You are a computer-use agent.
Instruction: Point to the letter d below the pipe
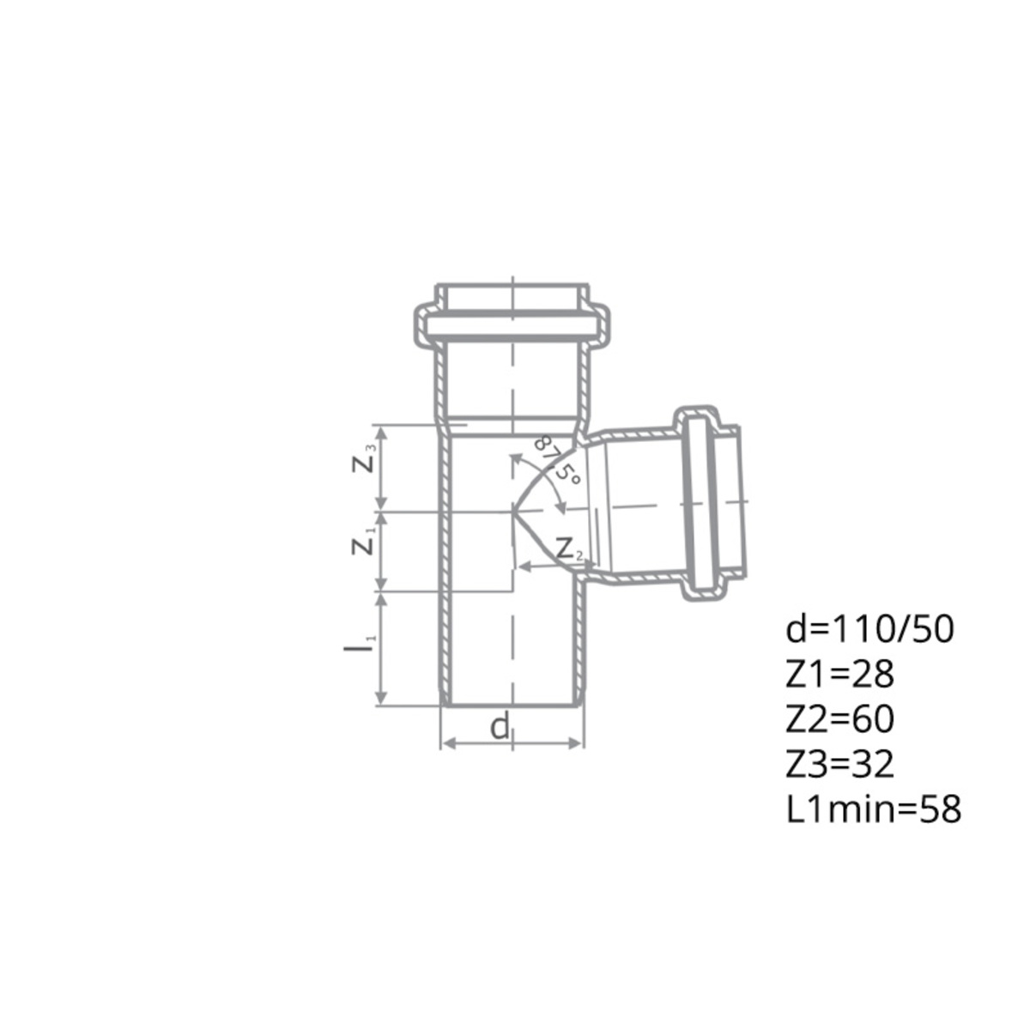(x=500, y=726)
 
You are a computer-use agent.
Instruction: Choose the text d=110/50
(x=869, y=630)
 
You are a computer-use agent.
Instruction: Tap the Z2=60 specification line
(x=839, y=719)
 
